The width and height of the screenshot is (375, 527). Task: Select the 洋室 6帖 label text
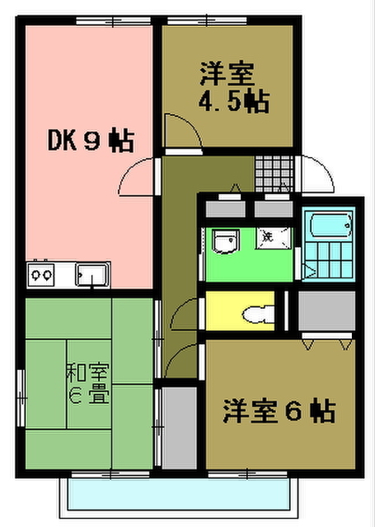278,409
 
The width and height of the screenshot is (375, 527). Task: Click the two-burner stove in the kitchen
42,273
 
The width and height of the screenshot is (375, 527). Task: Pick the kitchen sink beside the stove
93,273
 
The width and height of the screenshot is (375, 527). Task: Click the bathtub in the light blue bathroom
328,226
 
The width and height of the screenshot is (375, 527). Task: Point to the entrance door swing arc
317,173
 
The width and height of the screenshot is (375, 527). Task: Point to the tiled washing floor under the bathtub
328,263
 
